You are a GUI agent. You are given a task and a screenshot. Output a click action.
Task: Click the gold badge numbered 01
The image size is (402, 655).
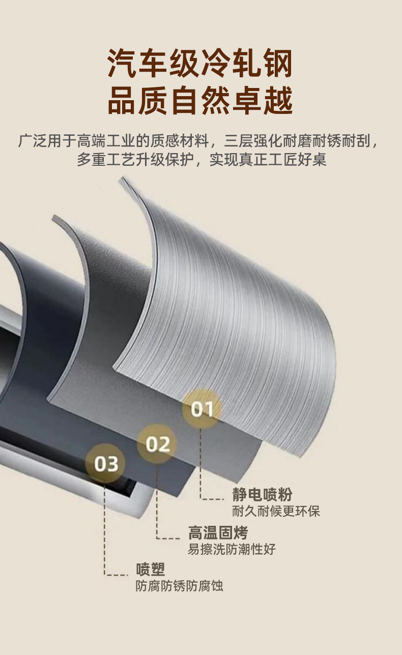click(202, 408)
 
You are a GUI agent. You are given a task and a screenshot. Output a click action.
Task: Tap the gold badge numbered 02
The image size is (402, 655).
click(157, 444)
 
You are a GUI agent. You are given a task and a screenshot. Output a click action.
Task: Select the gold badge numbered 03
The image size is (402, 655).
click(106, 463)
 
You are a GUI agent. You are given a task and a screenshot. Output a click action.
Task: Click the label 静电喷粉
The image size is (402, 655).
click(262, 494)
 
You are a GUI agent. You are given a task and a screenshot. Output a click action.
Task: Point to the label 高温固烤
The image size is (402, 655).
click(218, 533)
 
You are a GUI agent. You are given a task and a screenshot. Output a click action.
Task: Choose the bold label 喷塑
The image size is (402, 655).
click(151, 570)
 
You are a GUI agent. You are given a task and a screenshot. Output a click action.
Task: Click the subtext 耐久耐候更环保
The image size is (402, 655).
click(276, 511)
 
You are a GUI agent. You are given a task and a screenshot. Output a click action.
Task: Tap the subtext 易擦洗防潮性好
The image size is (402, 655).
click(232, 549)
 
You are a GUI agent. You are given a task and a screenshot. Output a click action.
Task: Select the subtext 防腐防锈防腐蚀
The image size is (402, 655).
click(179, 586)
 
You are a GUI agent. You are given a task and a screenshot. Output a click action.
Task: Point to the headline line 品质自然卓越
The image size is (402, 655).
click(200, 101)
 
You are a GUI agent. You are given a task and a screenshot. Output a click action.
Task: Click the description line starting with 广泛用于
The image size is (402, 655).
click(200, 140)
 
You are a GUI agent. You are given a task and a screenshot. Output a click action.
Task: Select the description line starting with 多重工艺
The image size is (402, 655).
click(200, 160)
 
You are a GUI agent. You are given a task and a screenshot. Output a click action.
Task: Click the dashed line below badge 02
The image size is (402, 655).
click(157, 498)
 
